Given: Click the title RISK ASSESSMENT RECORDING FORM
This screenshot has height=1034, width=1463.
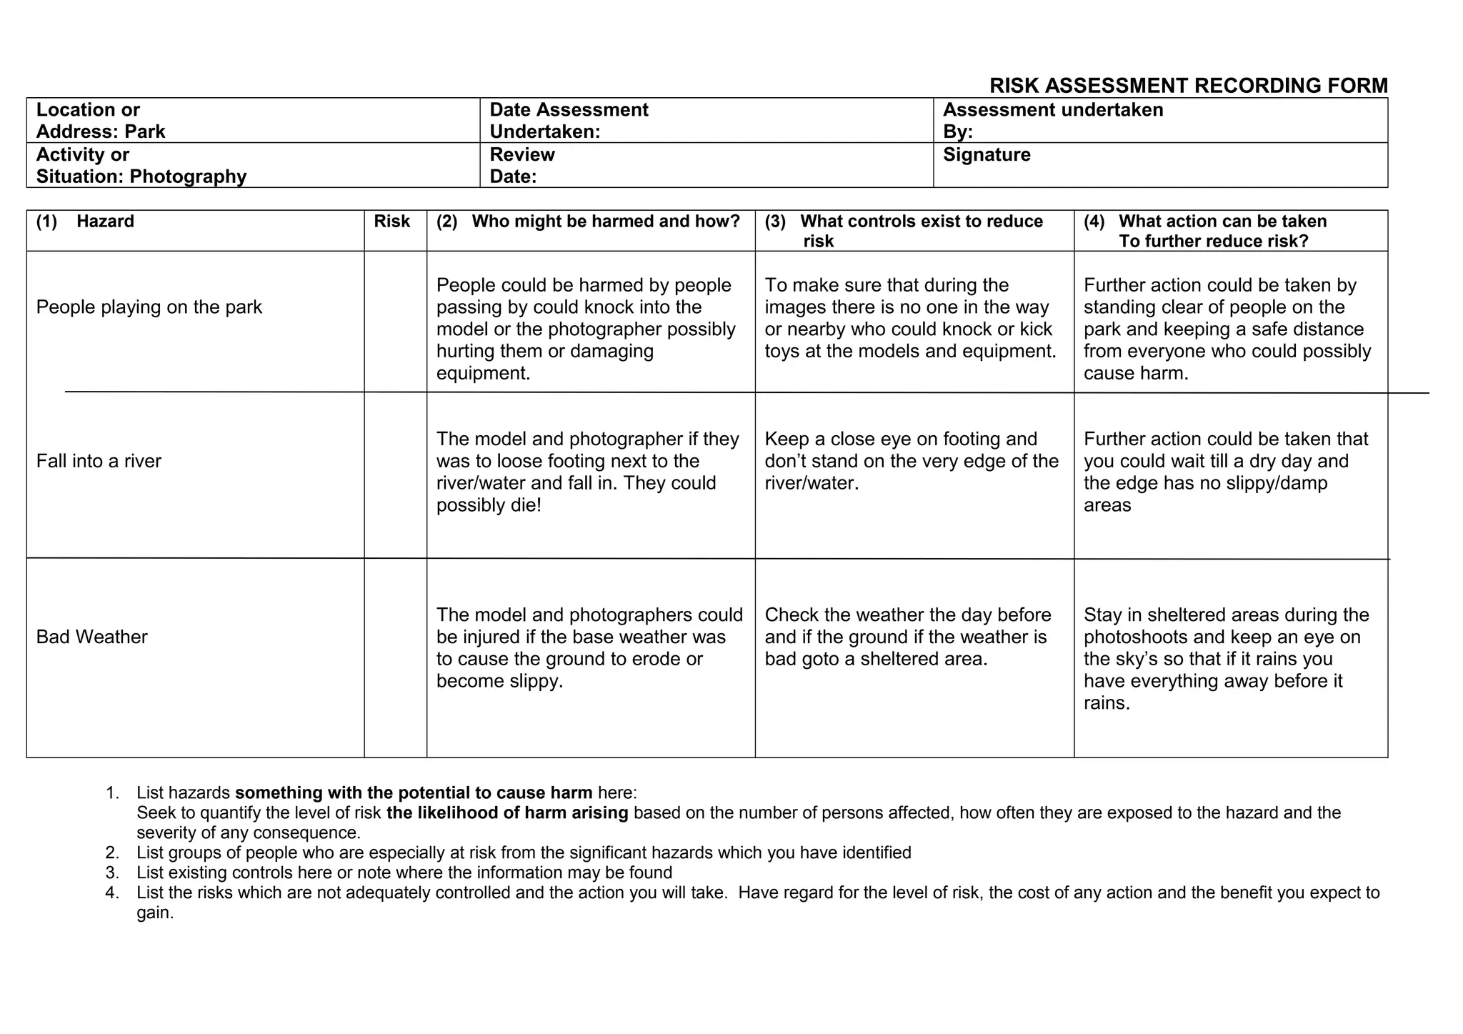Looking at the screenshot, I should (1188, 86).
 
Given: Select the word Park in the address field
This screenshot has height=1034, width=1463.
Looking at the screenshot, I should (145, 131).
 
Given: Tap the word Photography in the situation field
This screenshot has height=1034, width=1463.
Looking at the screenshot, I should (188, 177).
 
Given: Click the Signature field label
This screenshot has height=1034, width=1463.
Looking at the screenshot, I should (987, 154).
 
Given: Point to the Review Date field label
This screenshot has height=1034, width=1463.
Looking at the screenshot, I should (521, 165).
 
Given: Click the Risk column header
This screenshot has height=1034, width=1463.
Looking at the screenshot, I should (391, 222).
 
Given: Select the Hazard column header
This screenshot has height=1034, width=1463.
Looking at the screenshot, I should (105, 222).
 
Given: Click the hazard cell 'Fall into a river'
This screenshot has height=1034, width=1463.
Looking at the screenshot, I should (99, 461).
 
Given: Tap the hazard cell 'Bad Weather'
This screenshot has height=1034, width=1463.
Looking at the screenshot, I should (91, 637).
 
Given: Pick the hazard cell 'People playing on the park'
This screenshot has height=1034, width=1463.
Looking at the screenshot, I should (149, 307).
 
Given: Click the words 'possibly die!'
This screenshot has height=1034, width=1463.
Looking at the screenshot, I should (489, 505).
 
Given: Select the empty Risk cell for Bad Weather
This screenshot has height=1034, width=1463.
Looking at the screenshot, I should (395, 657).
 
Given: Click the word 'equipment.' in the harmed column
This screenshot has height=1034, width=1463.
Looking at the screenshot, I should (483, 373).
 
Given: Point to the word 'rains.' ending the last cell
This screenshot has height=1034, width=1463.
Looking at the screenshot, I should (1107, 703).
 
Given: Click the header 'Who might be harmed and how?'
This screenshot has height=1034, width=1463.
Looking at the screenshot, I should (605, 222).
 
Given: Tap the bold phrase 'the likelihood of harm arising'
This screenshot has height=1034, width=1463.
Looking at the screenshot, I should (507, 813).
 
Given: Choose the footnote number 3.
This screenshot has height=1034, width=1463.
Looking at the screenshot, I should (111, 873).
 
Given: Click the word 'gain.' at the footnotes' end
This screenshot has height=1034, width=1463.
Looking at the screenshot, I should (155, 913).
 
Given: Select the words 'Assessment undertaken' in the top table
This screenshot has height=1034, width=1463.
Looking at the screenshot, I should (1052, 110).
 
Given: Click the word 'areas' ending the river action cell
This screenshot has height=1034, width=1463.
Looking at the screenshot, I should (1107, 505).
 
